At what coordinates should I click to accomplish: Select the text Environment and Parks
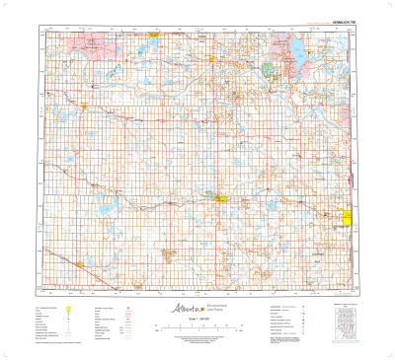click(205, 307)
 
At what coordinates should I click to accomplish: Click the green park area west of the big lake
click(275, 69)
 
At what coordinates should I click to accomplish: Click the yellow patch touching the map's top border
click(154, 33)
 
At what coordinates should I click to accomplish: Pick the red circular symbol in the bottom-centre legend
click(129, 308)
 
